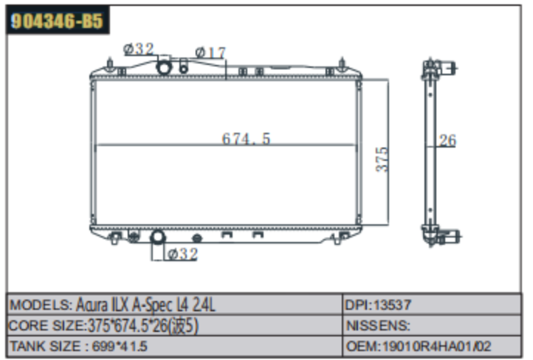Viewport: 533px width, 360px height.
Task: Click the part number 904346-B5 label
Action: [x=57, y=21]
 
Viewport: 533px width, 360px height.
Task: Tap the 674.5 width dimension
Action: [x=246, y=139]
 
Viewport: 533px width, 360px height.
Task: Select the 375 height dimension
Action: [x=382, y=159]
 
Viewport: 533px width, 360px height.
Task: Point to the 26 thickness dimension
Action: [x=447, y=140]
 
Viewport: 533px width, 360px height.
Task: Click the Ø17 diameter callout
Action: [x=210, y=52]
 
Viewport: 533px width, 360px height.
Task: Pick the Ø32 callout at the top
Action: [x=139, y=49]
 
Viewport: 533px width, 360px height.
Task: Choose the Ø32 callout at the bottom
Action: [x=183, y=254]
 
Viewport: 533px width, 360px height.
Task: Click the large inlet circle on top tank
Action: [x=164, y=67]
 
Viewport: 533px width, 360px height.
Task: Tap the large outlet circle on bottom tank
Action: [x=158, y=237]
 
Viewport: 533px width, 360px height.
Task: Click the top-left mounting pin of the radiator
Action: [x=110, y=64]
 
